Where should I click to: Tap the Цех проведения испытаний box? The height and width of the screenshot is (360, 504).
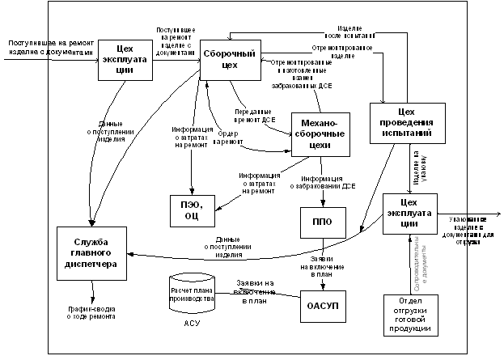pyautogui.click(x=409, y=122)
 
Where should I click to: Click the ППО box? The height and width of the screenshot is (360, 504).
pyautogui.click(x=322, y=221)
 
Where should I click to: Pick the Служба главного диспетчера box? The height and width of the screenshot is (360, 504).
pyautogui.click(x=90, y=253)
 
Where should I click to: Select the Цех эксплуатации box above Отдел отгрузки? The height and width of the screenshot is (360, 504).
pyautogui.click(x=409, y=214)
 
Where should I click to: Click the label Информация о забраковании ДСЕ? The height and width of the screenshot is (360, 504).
pyautogui.click(x=327, y=184)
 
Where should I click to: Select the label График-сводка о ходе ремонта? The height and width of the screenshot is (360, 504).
pyautogui.click(x=91, y=312)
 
